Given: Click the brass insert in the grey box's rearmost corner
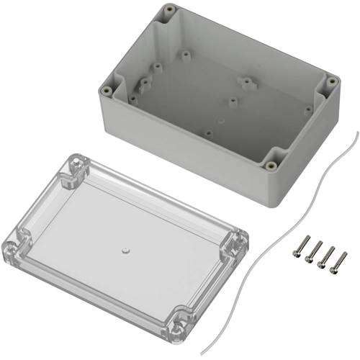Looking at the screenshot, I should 169,10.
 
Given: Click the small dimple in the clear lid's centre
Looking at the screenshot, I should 123,251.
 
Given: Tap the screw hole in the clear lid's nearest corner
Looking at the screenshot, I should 175,330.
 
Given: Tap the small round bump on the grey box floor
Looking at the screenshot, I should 222,114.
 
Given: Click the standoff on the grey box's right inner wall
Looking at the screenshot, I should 310,109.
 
